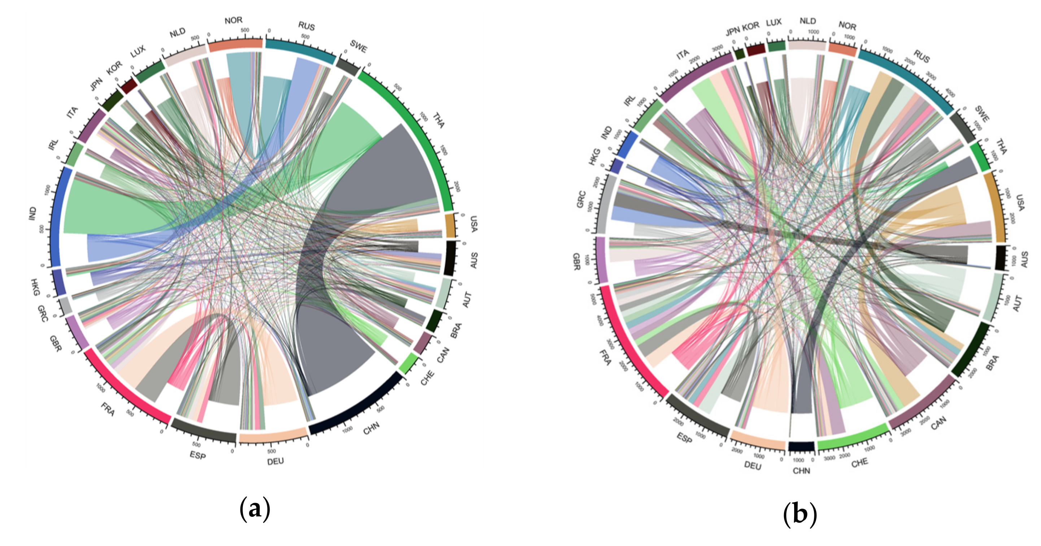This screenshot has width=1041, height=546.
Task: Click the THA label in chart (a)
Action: [439, 121]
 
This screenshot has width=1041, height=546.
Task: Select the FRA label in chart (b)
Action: [605, 357]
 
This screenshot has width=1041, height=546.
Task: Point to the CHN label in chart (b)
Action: [801, 471]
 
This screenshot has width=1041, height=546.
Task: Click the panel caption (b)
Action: [800, 514]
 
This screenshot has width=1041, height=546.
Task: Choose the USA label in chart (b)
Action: [1020, 202]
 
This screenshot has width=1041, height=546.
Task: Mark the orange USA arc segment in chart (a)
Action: [450, 225]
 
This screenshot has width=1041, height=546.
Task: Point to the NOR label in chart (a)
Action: [234, 20]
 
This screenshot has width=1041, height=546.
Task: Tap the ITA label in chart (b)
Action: [683, 54]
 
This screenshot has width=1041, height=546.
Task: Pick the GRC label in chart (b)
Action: [581, 199]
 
